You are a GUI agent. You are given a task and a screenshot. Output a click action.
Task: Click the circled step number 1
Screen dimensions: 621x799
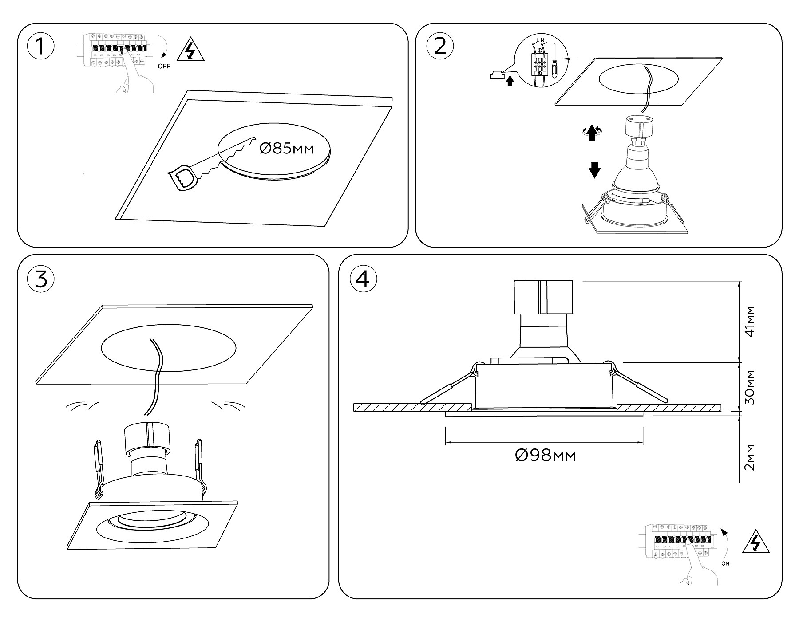[41, 46]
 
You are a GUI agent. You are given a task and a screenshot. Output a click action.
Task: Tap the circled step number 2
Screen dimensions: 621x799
[439, 46]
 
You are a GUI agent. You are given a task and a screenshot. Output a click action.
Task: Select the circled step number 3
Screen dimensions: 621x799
[41, 279]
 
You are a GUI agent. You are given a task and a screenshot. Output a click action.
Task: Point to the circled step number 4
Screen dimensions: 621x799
[363, 279]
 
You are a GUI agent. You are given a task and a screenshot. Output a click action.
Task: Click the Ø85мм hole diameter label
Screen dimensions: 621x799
[286, 149]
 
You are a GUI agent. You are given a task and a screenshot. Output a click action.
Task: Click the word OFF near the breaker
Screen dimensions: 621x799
[164, 67]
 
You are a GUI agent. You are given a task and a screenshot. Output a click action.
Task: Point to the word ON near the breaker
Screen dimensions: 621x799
[725, 564]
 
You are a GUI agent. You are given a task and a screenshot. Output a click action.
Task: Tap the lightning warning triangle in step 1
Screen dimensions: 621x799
[190, 51]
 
